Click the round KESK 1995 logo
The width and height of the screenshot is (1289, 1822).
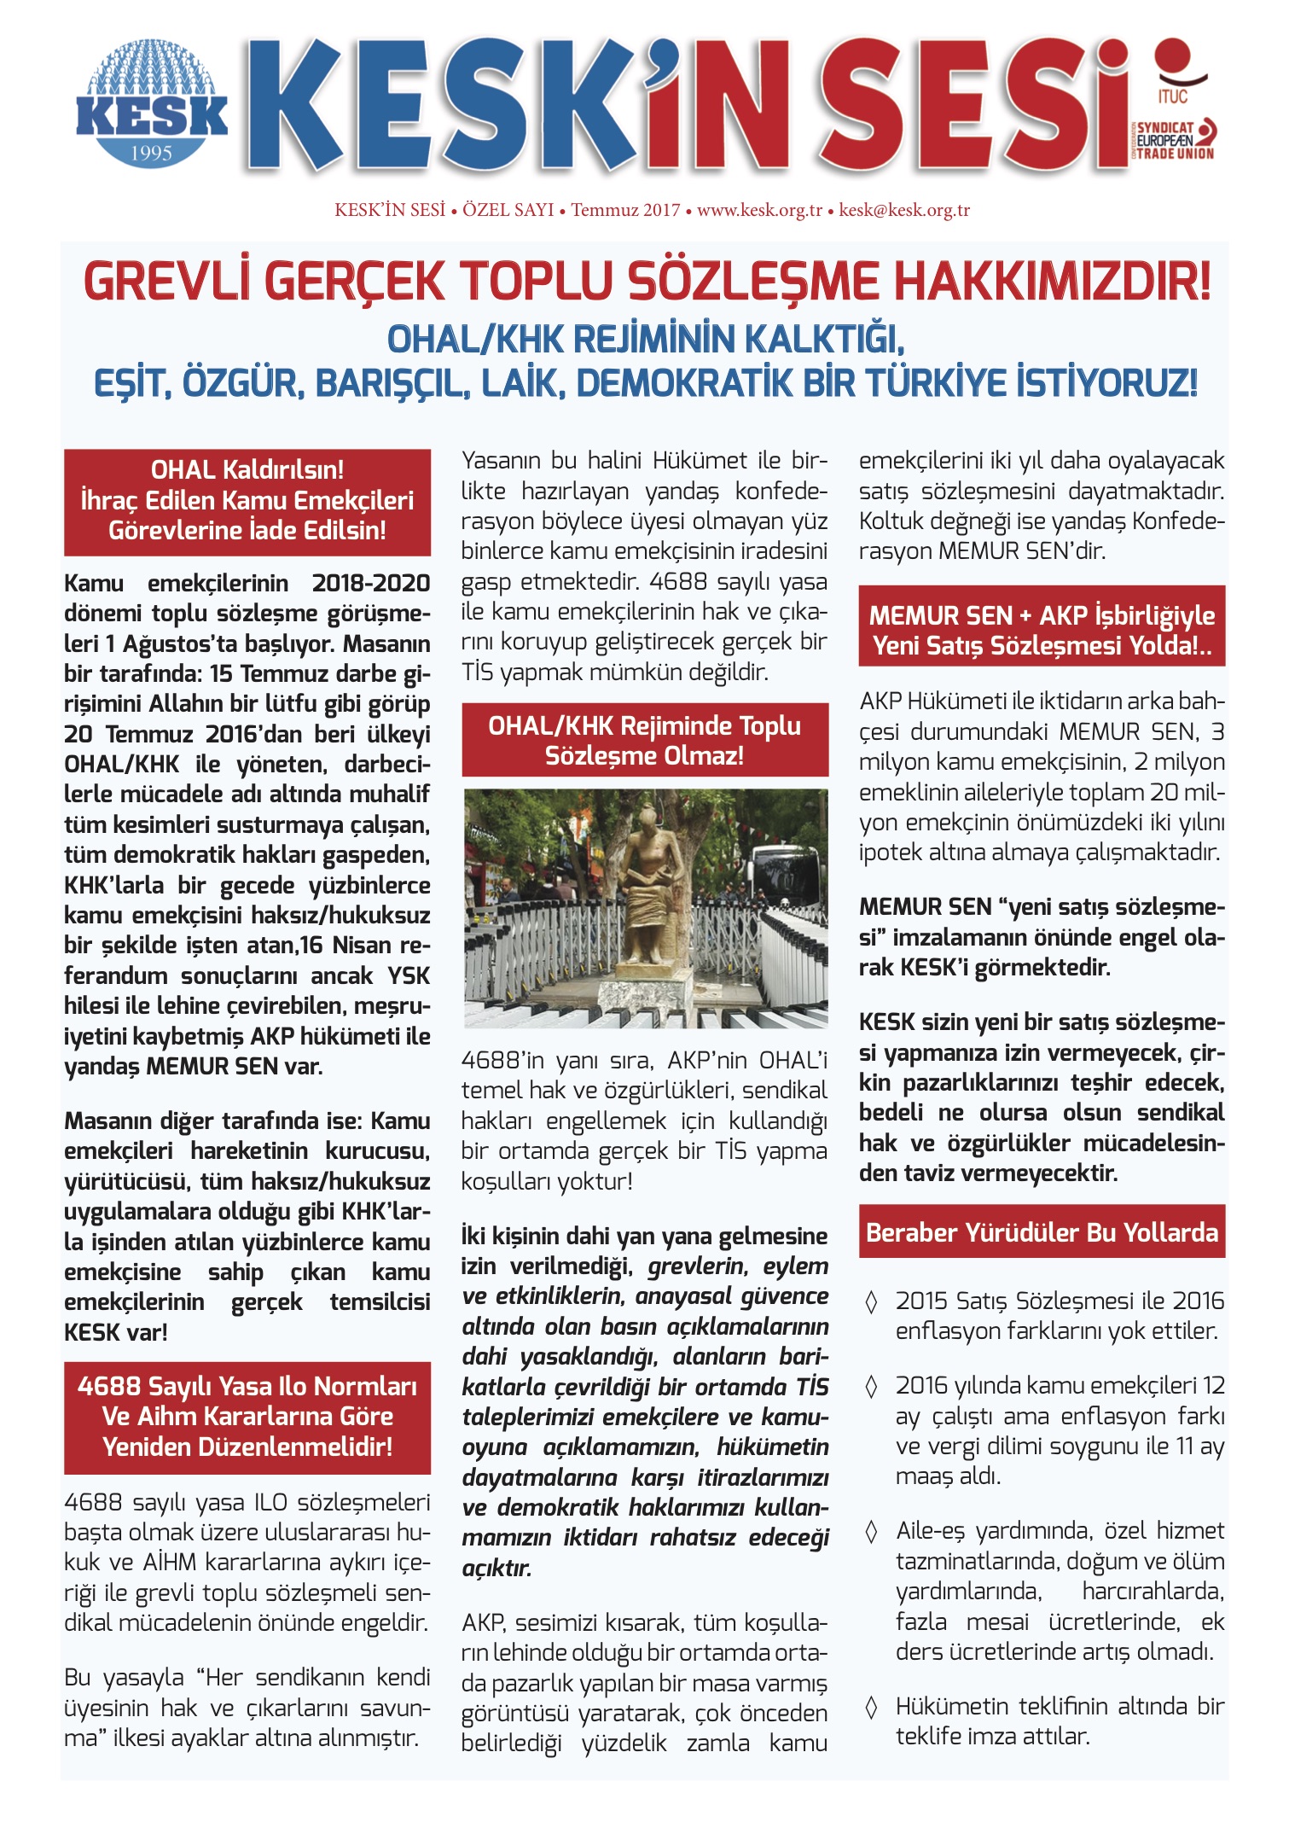[152, 104]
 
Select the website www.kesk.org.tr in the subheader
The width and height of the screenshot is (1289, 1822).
[759, 210]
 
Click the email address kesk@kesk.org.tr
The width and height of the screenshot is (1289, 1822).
[904, 210]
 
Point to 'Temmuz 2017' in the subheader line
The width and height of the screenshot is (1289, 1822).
[625, 210]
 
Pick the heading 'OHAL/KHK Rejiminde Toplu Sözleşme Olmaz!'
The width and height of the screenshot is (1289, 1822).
[645, 740]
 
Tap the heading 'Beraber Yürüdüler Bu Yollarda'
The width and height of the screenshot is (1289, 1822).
[1042, 1232]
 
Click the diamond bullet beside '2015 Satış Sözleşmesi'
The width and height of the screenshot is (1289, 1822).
[871, 1301]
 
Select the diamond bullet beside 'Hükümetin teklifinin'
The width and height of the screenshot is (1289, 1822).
[871, 1707]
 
